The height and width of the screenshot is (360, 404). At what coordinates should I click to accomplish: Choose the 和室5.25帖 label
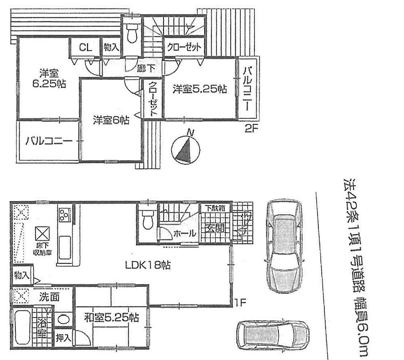(111, 318)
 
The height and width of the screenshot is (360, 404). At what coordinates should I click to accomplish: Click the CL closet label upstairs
(85, 47)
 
